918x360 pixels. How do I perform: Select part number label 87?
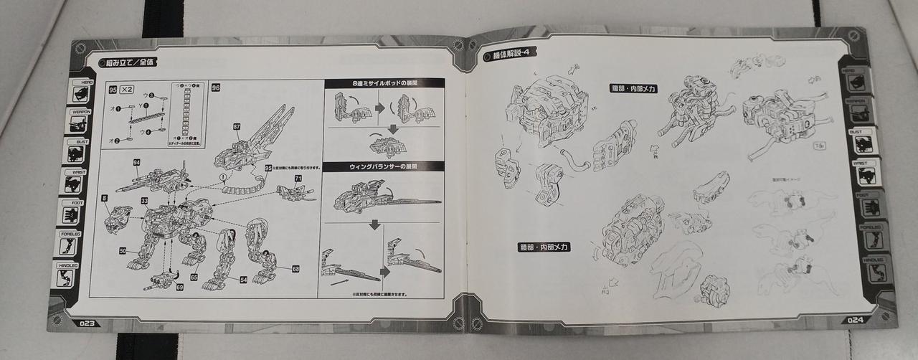pos(236,126)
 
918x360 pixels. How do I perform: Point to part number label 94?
pos(136,163)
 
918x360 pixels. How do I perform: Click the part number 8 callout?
pos(104,197)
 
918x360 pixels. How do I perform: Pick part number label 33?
pos(144,200)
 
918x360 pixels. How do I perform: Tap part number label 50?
pos(123,250)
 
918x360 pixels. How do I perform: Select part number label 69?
pos(180,287)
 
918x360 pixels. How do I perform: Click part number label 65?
pos(194,275)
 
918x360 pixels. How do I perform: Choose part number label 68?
pos(295,269)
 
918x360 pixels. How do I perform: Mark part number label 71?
pos(297,177)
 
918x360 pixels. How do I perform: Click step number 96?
pos(216,87)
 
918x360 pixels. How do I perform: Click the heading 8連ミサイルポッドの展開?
pos(384,83)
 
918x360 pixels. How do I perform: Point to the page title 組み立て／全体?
pos(129,62)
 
